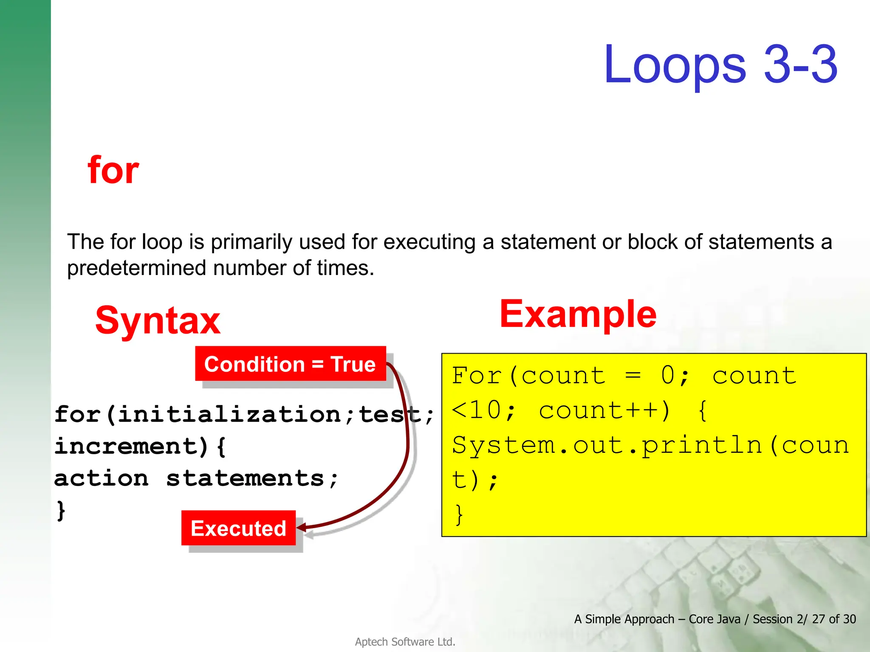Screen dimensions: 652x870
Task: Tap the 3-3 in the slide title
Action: point(800,65)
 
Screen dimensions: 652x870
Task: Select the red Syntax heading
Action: point(158,320)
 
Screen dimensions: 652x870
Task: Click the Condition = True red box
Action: point(290,364)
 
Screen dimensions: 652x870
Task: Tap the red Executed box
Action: point(238,528)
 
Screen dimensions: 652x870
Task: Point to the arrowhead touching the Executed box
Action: point(301,528)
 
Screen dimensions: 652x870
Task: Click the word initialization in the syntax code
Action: point(229,414)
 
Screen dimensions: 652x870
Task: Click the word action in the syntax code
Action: point(101,478)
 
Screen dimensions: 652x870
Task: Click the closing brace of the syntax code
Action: point(61,510)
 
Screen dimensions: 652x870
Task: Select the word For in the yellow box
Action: point(476,376)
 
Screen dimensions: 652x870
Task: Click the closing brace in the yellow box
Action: point(459,514)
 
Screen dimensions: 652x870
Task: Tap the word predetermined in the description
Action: point(137,268)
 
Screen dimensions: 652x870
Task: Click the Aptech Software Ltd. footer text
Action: point(405,642)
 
